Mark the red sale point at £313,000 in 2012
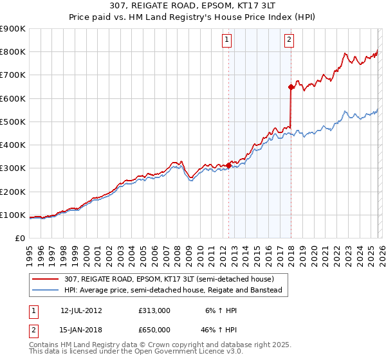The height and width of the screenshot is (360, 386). coord(228,165)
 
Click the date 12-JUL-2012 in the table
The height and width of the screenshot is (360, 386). coord(81,310)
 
